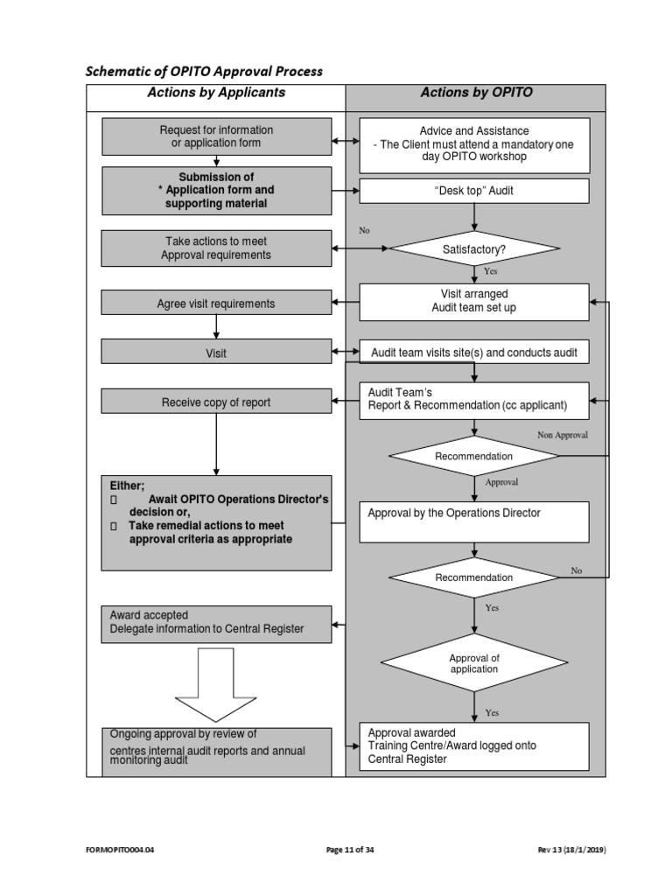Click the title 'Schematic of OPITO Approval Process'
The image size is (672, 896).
204,71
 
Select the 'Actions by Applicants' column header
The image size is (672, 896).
216,93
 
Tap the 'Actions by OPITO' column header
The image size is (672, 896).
476,93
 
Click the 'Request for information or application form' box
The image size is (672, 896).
216,136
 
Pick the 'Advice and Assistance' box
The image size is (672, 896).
474,143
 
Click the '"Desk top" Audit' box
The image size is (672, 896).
474,191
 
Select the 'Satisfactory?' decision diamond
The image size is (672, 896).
473,248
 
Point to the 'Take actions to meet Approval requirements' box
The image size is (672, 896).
216,248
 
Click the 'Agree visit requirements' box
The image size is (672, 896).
216,304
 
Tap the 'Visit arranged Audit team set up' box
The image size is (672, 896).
474,301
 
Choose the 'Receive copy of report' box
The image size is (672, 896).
216,402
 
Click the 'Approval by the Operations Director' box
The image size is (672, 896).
474,521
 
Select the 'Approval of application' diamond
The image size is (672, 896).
473,663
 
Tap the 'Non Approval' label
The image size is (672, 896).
562,434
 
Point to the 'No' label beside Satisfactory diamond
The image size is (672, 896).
365,231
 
